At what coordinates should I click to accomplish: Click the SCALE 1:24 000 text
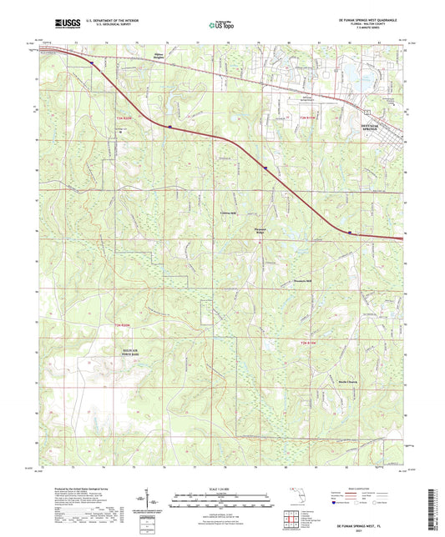coord(223,488)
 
